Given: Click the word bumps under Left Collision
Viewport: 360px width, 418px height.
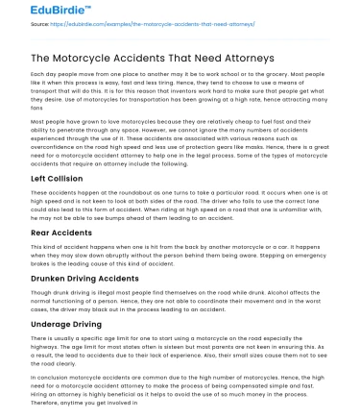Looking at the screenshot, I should pyautogui.click(x=133, y=216).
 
